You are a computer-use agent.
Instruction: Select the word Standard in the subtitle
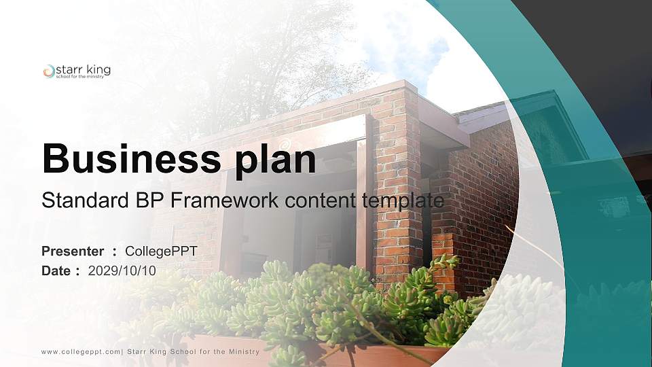click(75, 200)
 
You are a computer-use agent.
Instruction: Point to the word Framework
click(214, 200)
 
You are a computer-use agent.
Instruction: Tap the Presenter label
click(73, 251)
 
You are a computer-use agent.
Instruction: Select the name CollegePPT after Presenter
click(162, 251)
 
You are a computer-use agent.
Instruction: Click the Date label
click(56, 270)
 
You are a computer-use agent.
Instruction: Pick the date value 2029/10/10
click(122, 270)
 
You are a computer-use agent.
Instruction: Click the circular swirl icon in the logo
click(48, 71)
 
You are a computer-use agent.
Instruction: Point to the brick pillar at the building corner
click(398, 183)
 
